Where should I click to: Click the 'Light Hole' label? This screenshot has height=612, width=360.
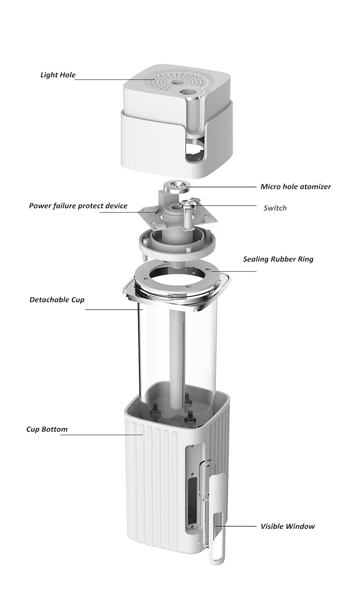[58, 75]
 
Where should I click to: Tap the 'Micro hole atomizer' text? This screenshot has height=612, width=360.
[295, 187]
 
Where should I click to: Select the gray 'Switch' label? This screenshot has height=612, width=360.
[275, 208]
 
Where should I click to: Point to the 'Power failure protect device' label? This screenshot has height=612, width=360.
[78, 206]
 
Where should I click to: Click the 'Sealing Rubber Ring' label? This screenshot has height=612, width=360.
[278, 259]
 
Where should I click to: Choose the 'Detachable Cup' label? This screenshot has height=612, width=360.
[57, 300]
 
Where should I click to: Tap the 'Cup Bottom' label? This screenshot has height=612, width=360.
[46, 429]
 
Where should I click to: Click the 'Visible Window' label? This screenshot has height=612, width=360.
[288, 526]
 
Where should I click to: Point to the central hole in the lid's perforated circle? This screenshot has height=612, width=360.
[175, 83]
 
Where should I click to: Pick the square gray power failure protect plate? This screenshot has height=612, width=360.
[150, 214]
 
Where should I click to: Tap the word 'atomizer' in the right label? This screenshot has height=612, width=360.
[315, 187]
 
